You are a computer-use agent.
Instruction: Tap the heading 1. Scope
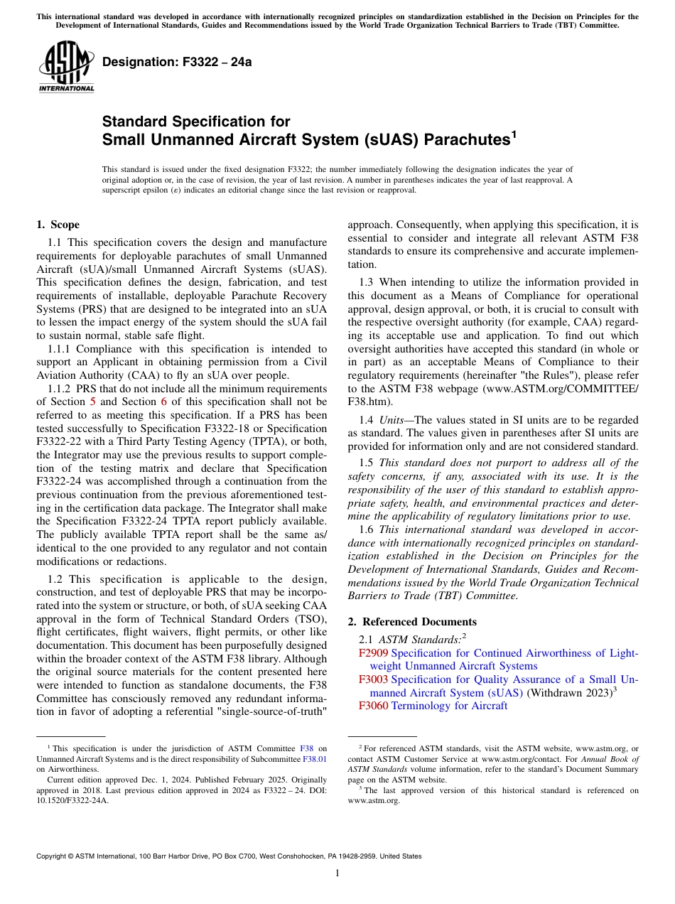pyautogui.click(x=58, y=225)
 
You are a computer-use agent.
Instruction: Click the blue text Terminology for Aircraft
pyautogui.click(x=449, y=706)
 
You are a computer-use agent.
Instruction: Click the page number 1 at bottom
pyautogui.click(x=337, y=873)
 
